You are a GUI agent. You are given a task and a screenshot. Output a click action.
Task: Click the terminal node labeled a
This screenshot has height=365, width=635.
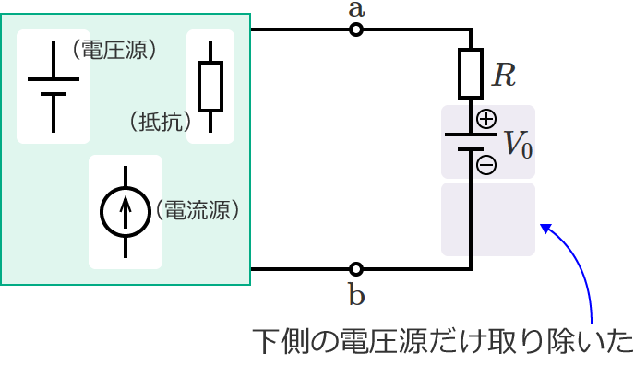coord(356,30)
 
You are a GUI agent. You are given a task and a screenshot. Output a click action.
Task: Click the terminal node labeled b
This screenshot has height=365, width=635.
coord(356,270)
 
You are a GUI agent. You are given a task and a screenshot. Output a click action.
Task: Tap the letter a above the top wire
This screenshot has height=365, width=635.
coord(356,10)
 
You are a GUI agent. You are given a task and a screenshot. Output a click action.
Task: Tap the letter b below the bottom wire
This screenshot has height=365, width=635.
coord(356,295)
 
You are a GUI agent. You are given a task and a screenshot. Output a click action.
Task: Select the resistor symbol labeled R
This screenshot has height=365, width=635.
coord(471,74)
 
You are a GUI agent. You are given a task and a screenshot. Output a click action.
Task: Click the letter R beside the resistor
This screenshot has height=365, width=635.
coord(503,75)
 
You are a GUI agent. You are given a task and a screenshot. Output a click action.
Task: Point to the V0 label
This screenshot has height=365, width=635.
coord(518,144)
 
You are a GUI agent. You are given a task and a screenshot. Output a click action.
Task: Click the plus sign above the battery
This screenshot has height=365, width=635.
coord(486,119)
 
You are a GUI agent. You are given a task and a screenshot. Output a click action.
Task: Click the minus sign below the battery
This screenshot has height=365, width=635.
coord(486,166)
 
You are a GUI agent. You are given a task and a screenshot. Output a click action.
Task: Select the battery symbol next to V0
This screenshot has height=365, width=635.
coord(471,142)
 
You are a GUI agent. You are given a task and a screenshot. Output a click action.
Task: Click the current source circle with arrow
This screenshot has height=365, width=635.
coord(125,211)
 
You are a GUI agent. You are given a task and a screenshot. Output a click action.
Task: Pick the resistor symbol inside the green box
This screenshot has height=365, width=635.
coord(210,87)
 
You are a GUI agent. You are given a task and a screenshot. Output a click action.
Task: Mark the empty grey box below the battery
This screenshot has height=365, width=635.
coord(488,219)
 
